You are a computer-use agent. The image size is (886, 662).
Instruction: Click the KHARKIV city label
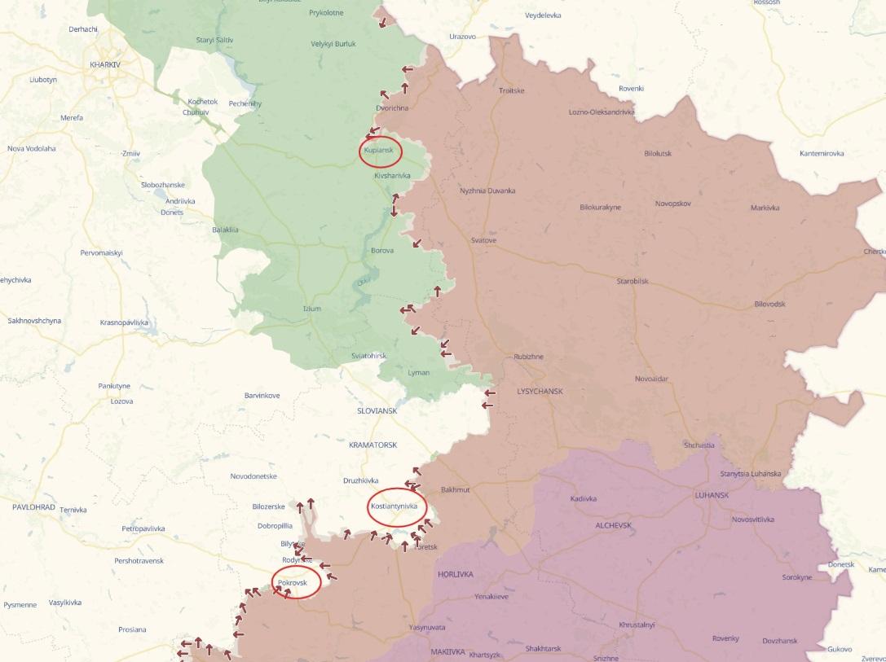(106, 64)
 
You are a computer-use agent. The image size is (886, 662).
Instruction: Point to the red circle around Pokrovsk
(296, 583)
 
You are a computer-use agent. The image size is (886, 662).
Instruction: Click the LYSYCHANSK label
(540, 392)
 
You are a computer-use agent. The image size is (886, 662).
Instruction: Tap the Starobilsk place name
(632, 281)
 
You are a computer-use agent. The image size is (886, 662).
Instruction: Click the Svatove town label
(483, 240)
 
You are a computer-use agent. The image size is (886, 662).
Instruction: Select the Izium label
(311, 309)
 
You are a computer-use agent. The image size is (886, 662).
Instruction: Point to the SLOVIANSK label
(377, 411)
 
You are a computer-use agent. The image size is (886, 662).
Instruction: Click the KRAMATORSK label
(372, 445)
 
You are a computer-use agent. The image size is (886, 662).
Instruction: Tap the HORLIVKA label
(455, 574)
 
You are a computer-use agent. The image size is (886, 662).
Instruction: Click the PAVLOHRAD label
(33, 506)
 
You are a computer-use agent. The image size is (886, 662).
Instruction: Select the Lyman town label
(417, 372)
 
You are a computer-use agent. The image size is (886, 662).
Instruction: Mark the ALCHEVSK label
(613, 525)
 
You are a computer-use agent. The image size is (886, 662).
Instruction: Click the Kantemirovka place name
(821, 153)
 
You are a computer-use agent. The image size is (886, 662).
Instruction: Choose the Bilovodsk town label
(770, 304)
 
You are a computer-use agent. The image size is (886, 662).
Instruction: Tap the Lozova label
(121, 401)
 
